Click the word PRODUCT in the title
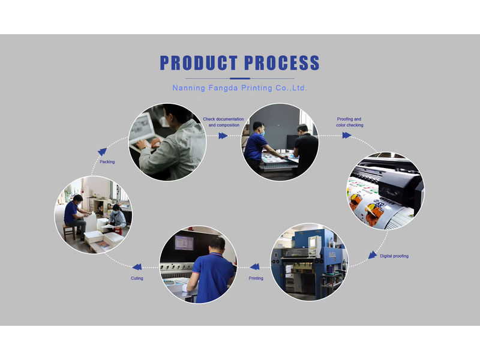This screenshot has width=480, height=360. tap(199, 63)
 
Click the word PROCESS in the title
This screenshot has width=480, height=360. tap(282, 63)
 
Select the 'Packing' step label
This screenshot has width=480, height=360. tap(107, 161)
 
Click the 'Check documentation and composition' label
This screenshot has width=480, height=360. tap(223, 122)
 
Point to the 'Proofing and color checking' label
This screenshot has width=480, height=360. tap(350, 122)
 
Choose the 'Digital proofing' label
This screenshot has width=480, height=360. tap(394, 256)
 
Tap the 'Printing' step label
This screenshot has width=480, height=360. tap(256, 278)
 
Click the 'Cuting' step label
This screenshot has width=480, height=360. tap(137, 278)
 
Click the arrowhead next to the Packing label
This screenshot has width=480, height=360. tap(102, 152)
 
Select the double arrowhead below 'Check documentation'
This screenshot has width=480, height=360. tap(223, 136)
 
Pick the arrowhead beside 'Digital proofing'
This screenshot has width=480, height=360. tap(373, 255)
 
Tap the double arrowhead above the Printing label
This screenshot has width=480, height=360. tap(254, 267)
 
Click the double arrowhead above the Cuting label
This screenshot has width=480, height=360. tap(137, 267)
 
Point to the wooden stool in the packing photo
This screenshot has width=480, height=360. tap(69, 232)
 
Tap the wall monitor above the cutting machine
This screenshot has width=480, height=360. tap(184, 243)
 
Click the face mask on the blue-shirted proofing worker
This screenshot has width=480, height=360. tap(262, 133)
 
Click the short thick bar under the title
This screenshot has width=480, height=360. tap(240, 79)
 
